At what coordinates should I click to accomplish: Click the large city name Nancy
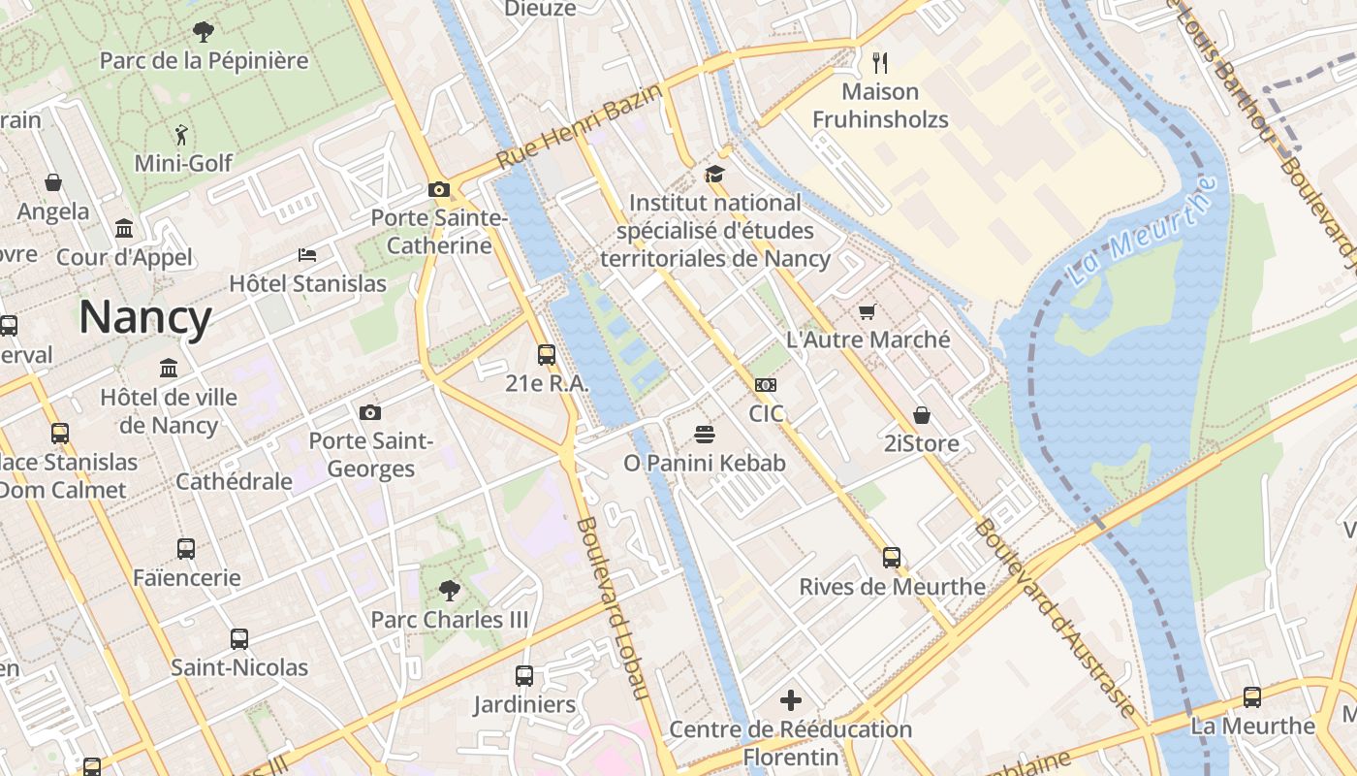point(145,318)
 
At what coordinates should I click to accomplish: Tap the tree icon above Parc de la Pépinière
point(203,32)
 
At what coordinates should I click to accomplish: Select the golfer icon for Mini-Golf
point(182,134)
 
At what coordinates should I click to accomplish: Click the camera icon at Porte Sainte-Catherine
point(439,189)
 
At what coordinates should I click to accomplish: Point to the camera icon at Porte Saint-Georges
point(370,412)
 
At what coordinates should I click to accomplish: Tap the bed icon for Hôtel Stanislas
point(307,255)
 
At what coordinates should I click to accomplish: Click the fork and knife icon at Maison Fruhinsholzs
point(880,63)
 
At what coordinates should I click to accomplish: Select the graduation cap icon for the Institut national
point(714,175)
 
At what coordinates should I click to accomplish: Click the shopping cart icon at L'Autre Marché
point(868,311)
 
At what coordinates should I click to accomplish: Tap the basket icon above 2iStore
point(922,415)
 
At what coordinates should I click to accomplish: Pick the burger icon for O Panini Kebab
point(705,434)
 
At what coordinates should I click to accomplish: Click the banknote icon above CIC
point(766,385)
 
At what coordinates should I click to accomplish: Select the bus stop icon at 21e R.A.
point(547,354)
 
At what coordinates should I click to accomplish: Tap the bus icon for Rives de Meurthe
point(892,558)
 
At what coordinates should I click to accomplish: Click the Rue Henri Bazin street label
point(580,126)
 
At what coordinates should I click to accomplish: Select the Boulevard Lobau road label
point(612,608)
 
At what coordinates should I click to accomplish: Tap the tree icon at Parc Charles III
point(449,590)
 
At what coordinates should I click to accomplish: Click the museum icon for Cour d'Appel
point(124,229)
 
